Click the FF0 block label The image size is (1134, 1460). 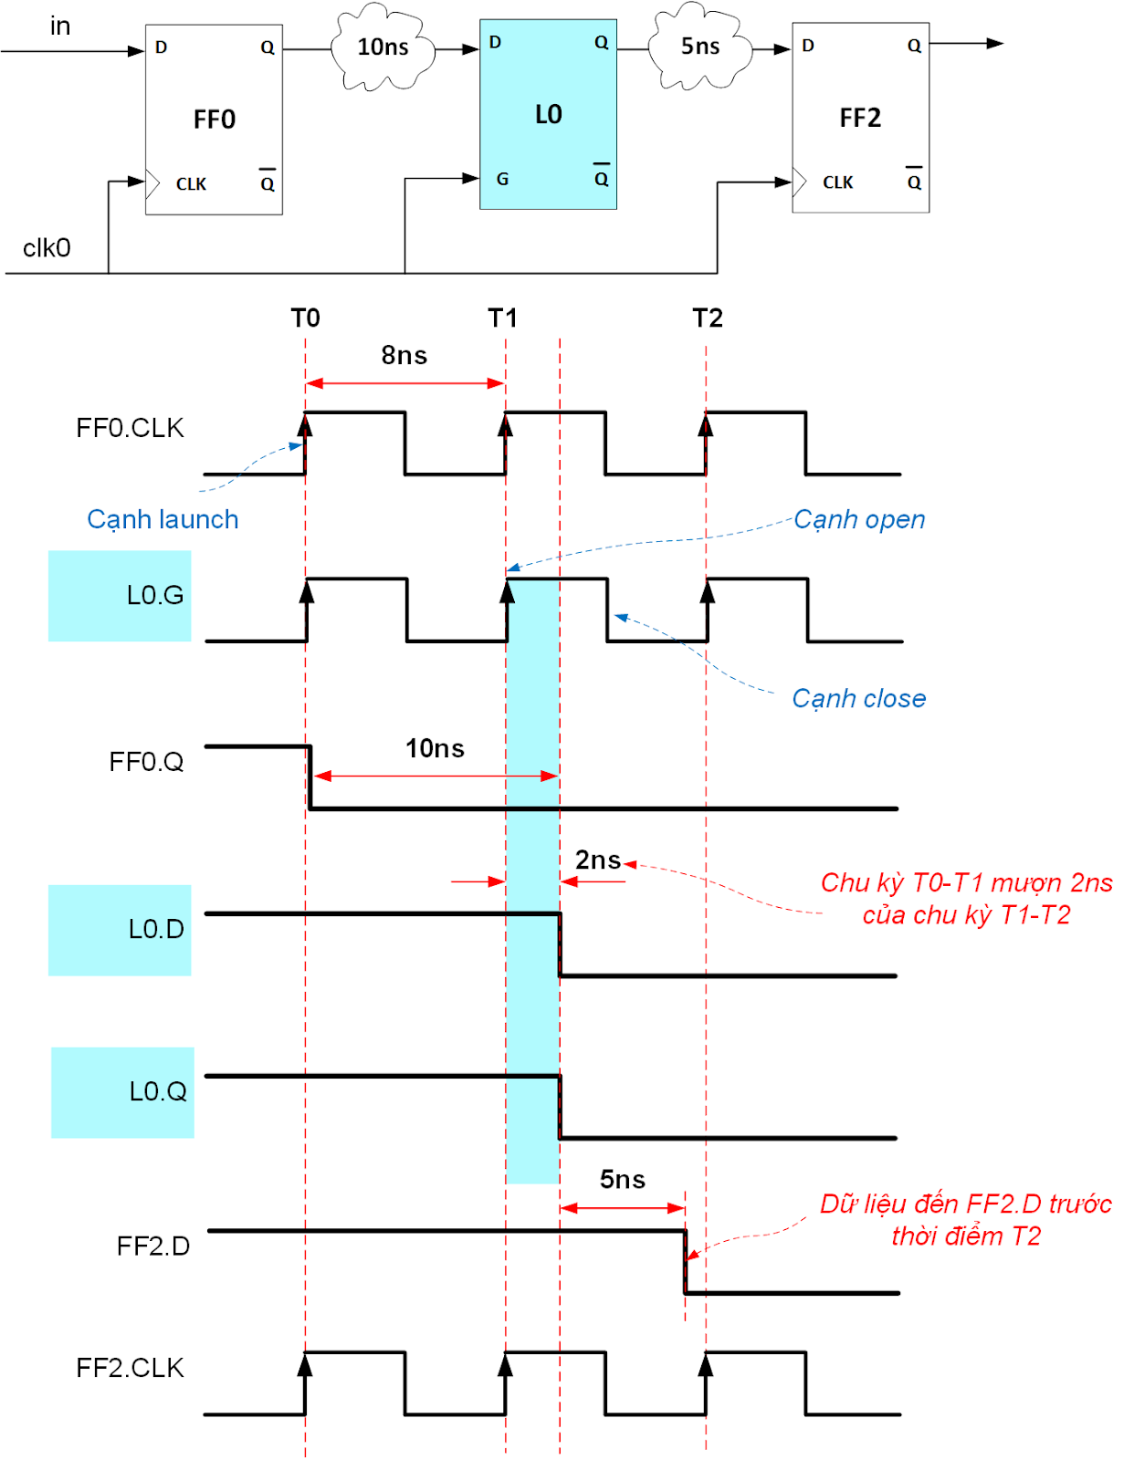[x=215, y=120]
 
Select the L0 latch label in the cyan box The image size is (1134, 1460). [x=548, y=115]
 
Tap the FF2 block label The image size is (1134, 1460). [x=860, y=118]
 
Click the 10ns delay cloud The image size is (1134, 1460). [x=383, y=47]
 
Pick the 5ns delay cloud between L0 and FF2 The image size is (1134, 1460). [x=700, y=47]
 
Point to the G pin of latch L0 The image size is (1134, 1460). [x=502, y=179]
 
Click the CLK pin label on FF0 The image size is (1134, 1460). [x=191, y=184]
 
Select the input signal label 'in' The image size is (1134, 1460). [x=60, y=26]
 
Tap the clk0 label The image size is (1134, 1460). [x=47, y=248]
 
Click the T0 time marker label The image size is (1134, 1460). [x=305, y=318]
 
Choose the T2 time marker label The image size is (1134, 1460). [x=708, y=318]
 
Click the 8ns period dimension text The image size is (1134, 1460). [x=404, y=355]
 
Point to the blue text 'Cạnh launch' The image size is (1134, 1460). [x=163, y=519]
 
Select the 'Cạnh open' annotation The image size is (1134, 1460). [x=859, y=519]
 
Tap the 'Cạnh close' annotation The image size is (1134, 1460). [x=858, y=698]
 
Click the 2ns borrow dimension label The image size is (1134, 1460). [x=597, y=860]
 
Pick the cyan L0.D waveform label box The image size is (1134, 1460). [x=120, y=930]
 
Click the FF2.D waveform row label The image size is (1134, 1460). [x=152, y=1246]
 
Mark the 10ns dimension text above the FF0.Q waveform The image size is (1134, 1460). [x=435, y=748]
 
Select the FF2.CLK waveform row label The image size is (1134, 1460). [x=130, y=1368]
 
